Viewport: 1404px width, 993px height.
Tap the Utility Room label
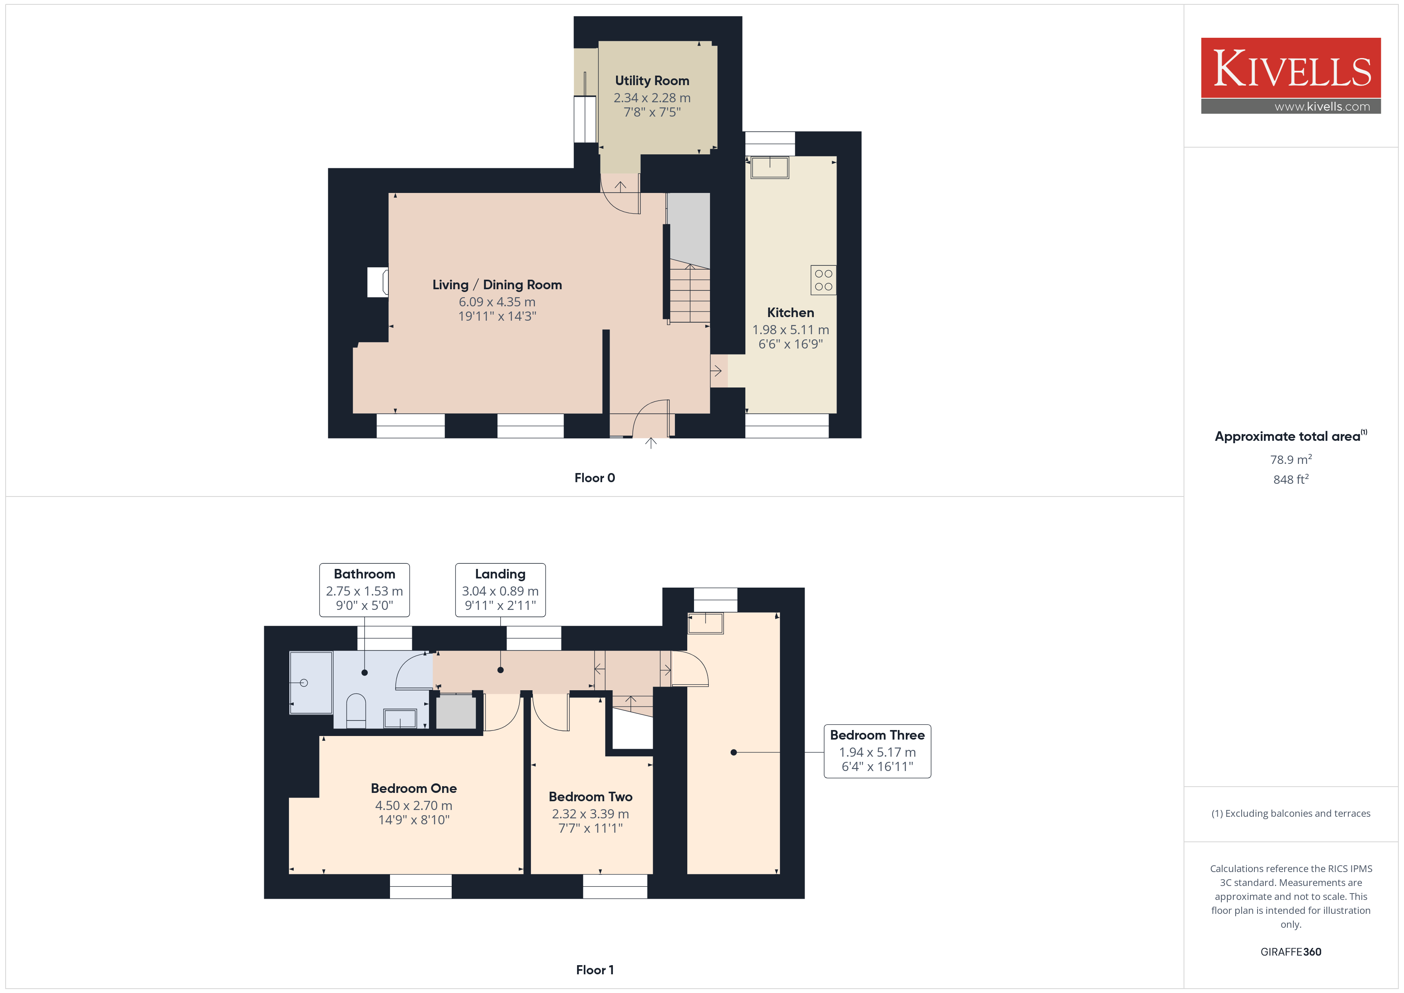tap(652, 81)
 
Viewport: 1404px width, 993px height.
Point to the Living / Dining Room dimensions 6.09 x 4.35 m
tap(497, 302)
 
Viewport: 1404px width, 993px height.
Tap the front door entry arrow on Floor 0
tap(651, 443)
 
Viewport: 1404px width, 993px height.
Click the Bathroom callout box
tap(365, 590)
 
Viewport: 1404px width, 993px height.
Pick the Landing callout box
tap(500, 590)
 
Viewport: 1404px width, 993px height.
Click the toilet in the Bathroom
tap(356, 711)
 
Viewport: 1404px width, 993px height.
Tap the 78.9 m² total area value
tap(1291, 459)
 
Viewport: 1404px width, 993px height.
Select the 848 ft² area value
tap(1291, 479)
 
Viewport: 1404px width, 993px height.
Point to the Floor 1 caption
tap(595, 970)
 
